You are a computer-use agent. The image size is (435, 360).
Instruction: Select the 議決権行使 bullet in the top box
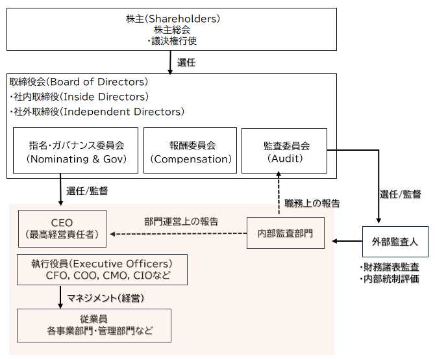click(x=172, y=40)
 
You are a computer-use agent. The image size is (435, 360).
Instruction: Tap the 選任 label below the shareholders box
click(x=186, y=62)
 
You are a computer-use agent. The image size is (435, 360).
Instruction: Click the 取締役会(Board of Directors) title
click(x=79, y=83)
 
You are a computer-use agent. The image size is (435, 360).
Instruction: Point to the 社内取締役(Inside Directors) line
click(x=79, y=97)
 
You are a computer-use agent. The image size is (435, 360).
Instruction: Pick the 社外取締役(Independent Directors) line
click(x=97, y=111)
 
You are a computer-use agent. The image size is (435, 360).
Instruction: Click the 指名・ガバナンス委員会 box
click(x=75, y=151)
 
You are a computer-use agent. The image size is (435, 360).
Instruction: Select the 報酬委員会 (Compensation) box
click(x=190, y=151)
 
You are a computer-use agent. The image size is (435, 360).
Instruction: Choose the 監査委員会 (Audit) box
click(x=286, y=151)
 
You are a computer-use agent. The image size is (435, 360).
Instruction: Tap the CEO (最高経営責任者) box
click(x=62, y=228)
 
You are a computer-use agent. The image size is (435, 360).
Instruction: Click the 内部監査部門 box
click(x=285, y=233)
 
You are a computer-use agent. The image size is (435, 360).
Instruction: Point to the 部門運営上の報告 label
click(x=181, y=221)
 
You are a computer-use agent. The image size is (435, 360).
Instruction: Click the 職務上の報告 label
click(x=312, y=203)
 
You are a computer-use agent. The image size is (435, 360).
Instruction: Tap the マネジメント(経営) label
click(x=105, y=298)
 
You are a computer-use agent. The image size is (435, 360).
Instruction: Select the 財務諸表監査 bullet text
click(x=389, y=267)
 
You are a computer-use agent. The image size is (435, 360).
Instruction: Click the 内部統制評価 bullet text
click(x=389, y=279)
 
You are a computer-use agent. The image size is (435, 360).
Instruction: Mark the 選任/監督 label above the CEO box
click(x=87, y=191)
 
